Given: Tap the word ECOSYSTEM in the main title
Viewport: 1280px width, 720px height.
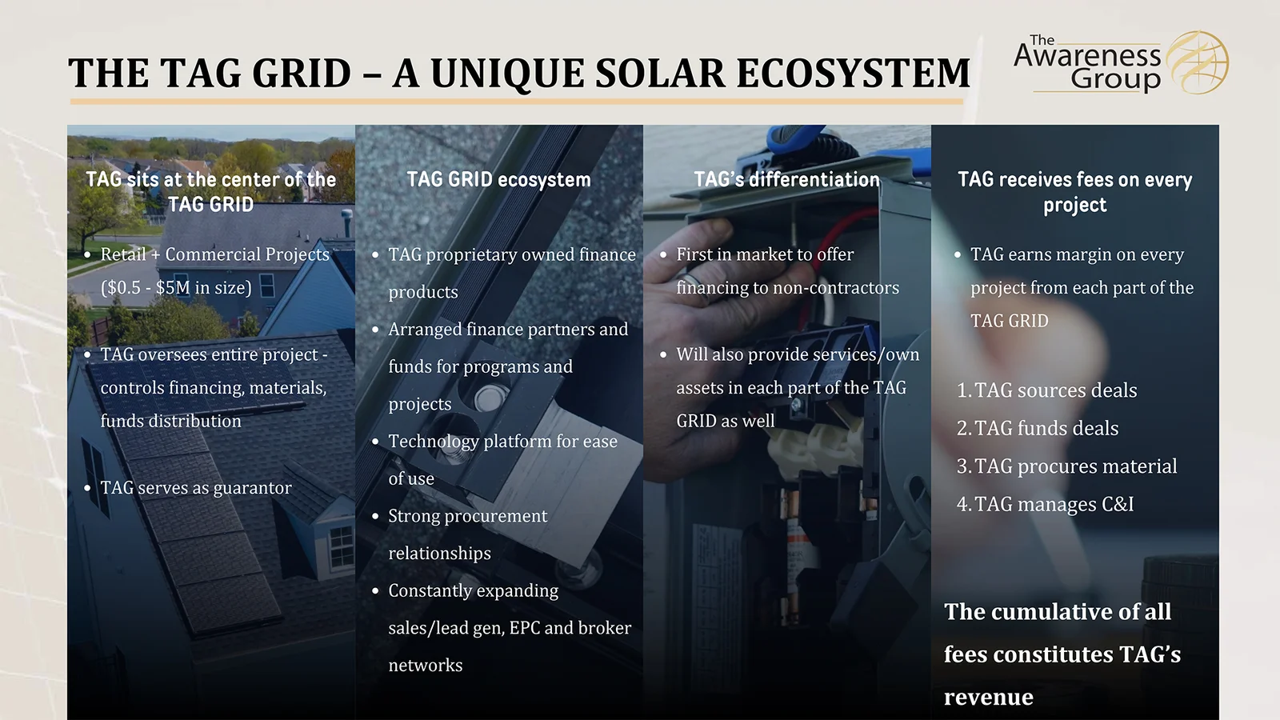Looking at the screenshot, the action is [853, 73].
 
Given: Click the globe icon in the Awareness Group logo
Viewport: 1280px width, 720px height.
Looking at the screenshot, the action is [1198, 62].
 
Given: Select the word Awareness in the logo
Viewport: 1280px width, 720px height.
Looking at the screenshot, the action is [1087, 57].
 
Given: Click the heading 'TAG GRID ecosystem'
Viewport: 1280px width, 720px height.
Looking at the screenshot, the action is [498, 179].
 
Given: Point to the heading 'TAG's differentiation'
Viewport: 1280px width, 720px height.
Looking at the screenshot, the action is [786, 179].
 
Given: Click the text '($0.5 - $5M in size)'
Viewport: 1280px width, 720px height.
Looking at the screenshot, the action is [176, 287].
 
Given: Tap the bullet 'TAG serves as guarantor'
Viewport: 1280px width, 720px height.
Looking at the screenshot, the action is [196, 488].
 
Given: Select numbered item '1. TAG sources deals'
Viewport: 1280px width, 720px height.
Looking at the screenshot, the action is [1047, 390].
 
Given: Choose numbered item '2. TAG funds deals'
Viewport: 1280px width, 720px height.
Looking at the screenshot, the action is [1038, 428].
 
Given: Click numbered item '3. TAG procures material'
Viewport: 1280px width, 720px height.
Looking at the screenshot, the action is [1067, 466].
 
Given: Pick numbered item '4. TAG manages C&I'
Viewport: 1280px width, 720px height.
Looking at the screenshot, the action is [1045, 504].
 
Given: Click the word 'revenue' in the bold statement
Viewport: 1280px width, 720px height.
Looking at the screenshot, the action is [989, 698].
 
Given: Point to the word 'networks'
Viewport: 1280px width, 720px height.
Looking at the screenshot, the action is [425, 665].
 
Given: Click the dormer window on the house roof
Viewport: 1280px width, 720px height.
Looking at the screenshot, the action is [342, 545].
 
